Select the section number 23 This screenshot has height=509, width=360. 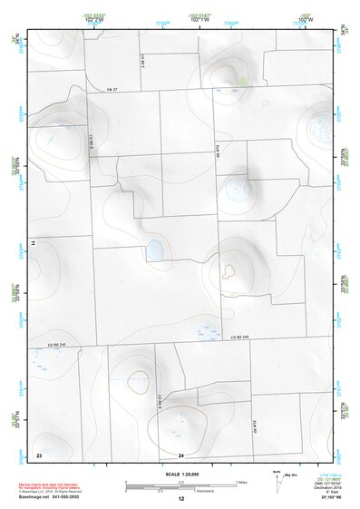pos(39,453)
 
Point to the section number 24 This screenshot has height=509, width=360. pos(180,454)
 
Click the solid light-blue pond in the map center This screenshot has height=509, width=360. pos(155,248)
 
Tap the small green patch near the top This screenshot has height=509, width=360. pos(241,80)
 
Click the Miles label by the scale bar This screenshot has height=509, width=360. pos(240,482)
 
